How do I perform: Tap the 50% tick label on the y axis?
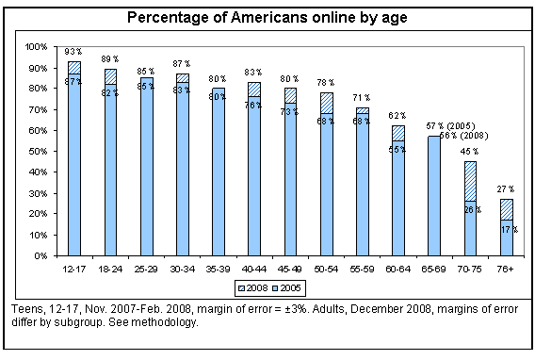tap(38, 151)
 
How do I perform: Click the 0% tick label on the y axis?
tap(41, 255)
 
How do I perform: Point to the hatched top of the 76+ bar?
tap(506, 209)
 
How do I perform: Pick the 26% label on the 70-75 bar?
tap(471, 209)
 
